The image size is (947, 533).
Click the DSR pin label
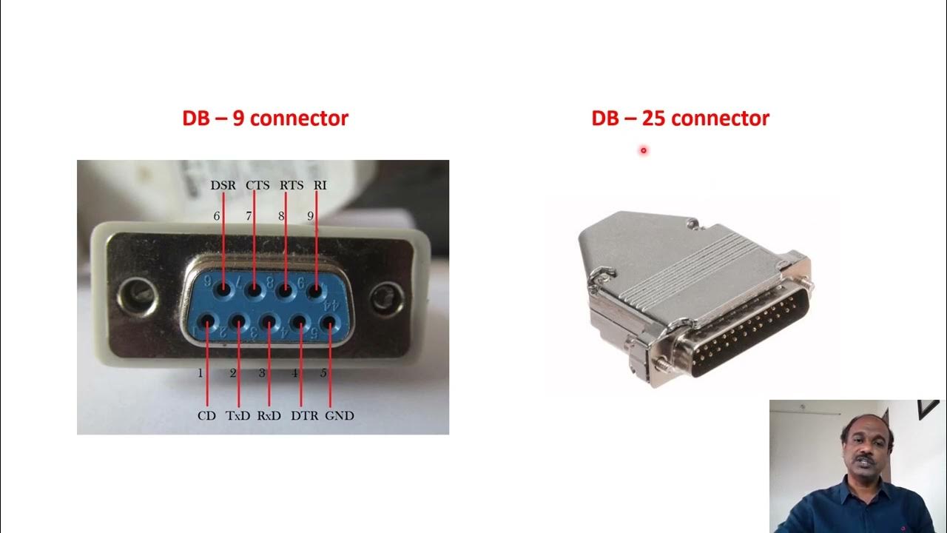tap(223, 185)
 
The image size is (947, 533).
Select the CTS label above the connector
tap(257, 185)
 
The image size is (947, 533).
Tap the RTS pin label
tap(291, 185)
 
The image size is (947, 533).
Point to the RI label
tap(320, 185)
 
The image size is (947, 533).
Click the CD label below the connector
tap(206, 416)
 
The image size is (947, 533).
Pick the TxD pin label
tap(238, 416)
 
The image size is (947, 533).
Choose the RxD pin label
tap(269, 416)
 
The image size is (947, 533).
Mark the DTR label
tap(304, 416)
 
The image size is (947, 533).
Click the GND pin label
tap(340, 416)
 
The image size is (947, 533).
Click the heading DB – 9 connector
tap(265, 118)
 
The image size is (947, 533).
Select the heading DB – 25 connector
tap(680, 118)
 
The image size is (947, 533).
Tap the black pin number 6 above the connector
tap(218, 216)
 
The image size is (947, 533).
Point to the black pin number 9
tap(311, 216)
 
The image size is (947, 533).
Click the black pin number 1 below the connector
tap(200, 373)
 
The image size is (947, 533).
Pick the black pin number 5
tap(323, 373)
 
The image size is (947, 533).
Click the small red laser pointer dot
tap(644, 150)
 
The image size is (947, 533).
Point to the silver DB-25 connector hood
tap(651, 266)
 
